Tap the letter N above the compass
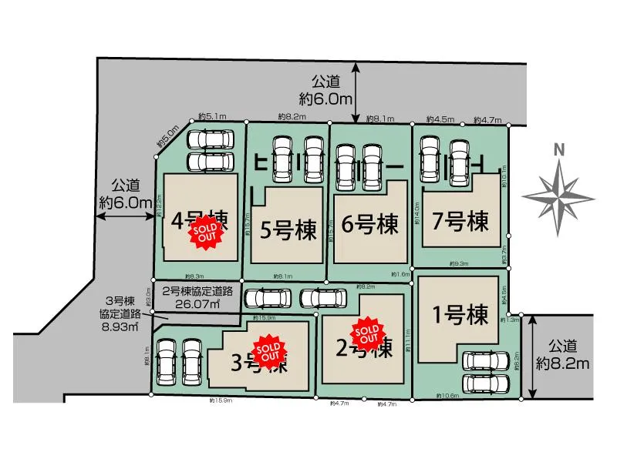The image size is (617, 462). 560,149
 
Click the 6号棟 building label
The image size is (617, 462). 370,225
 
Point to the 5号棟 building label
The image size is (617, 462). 285,229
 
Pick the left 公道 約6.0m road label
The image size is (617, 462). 124,194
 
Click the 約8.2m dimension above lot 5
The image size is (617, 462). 292,117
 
